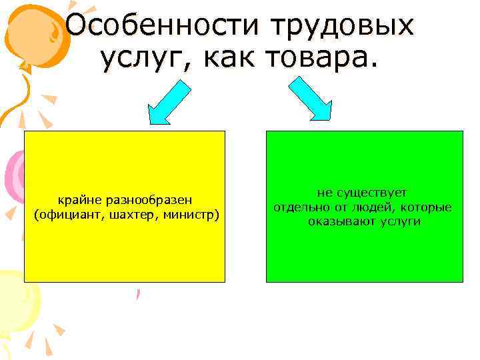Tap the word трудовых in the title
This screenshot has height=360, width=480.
click(341, 26)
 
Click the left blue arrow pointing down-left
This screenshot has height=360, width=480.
click(167, 101)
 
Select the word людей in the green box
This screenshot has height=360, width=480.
click(375, 207)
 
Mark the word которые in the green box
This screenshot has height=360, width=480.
click(426, 207)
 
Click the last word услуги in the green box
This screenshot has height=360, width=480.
click(399, 221)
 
